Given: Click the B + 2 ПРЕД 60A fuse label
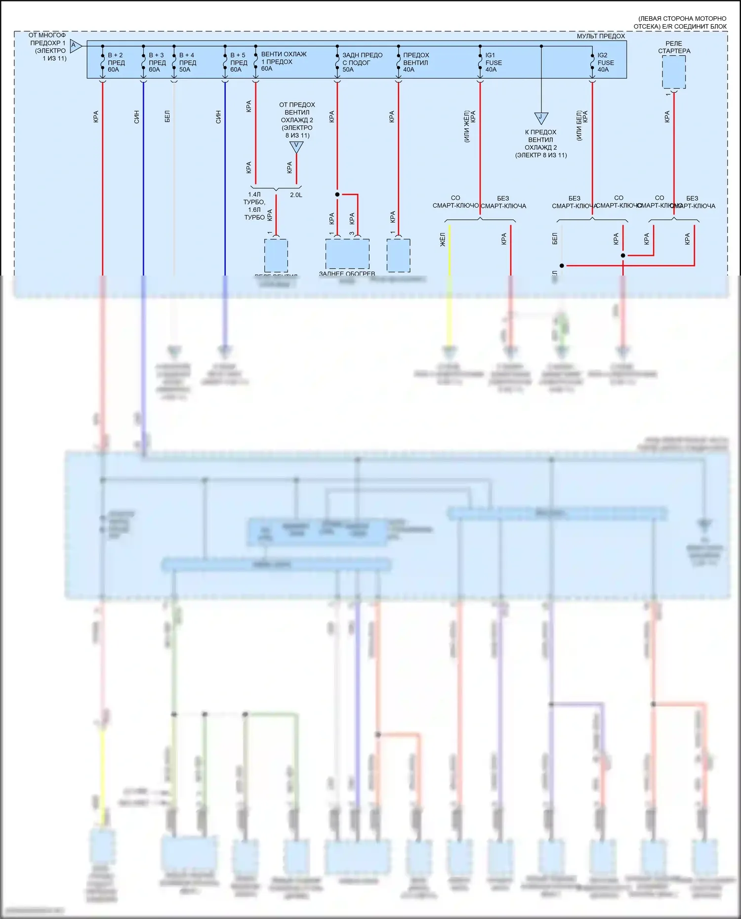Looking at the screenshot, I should pyautogui.click(x=116, y=62).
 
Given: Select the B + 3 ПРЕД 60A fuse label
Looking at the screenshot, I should pyautogui.click(x=157, y=62).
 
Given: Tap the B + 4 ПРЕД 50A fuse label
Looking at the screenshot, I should pyautogui.click(x=187, y=62).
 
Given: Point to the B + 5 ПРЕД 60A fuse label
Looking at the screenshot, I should pyautogui.click(x=239, y=62).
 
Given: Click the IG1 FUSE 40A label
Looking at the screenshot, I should pyautogui.click(x=493, y=62).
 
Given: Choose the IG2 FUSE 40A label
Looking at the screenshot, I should pyautogui.click(x=605, y=62).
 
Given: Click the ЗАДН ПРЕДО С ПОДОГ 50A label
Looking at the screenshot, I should pyautogui.click(x=362, y=62).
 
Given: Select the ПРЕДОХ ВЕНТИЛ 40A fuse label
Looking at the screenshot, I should pyautogui.click(x=415, y=62).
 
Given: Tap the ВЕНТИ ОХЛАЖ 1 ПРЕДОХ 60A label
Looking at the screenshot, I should pyautogui.click(x=284, y=61).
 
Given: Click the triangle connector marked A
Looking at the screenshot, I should pyautogui.click(x=75, y=46).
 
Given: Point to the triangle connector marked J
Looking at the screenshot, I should pyautogui.click(x=541, y=118).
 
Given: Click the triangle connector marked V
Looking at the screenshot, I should pyautogui.click(x=296, y=147).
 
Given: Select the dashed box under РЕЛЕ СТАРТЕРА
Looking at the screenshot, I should pyautogui.click(x=674, y=72).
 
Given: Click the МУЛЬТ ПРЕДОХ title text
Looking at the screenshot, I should pyautogui.click(x=601, y=36).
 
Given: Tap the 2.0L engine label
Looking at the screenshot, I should pyautogui.click(x=296, y=195).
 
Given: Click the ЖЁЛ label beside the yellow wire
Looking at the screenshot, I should pyautogui.click(x=443, y=240).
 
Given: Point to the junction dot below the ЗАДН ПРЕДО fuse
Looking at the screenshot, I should pyautogui.click(x=337, y=195).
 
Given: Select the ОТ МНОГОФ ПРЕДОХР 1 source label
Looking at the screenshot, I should pyautogui.click(x=47, y=47).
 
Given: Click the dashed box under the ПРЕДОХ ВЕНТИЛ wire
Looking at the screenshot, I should pyautogui.click(x=398, y=255).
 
